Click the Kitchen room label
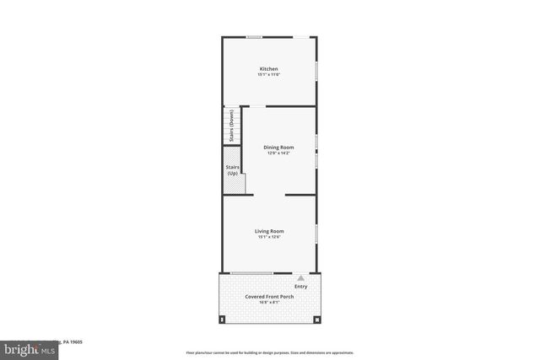tap(268, 68)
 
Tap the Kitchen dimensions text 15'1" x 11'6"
tap(268, 75)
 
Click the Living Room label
tap(269, 230)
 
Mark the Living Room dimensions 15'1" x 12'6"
tap(269, 237)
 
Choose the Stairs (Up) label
tap(232, 170)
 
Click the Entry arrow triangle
tap(300, 277)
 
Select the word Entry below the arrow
tap(301, 287)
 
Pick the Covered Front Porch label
tap(269, 296)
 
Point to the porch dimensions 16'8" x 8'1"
tap(269, 303)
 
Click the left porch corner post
tap(223, 320)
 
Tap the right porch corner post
tap(316, 320)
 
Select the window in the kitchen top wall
tap(253, 36)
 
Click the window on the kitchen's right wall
tap(316, 73)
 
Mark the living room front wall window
tap(251, 272)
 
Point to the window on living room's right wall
tap(316, 232)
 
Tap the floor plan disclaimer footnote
tap(269, 352)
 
